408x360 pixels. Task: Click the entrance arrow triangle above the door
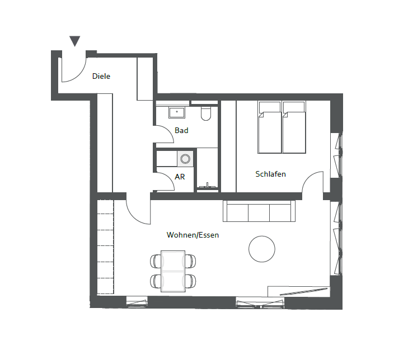(x=74, y=41)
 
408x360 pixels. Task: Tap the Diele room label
(x=101, y=76)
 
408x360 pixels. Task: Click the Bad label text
(x=181, y=130)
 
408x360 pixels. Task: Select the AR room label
(x=180, y=177)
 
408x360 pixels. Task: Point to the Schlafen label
(x=271, y=174)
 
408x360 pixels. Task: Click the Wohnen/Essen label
(x=193, y=235)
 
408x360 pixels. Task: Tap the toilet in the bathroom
(x=206, y=113)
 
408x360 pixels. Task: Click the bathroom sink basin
(x=177, y=112)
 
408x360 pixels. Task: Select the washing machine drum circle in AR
(x=185, y=159)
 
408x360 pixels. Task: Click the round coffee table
(x=262, y=249)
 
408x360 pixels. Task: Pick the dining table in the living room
(x=173, y=271)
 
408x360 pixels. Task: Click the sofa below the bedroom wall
(x=259, y=211)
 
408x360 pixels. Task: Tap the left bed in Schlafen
(x=270, y=127)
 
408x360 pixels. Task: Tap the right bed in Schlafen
(x=294, y=127)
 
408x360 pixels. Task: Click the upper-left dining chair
(x=156, y=261)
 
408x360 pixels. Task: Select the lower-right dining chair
(x=191, y=281)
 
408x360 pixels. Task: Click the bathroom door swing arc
(x=168, y=129)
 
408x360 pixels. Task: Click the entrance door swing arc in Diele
(x=79, y=75)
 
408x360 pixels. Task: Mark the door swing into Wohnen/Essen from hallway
(x=133, y=216)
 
